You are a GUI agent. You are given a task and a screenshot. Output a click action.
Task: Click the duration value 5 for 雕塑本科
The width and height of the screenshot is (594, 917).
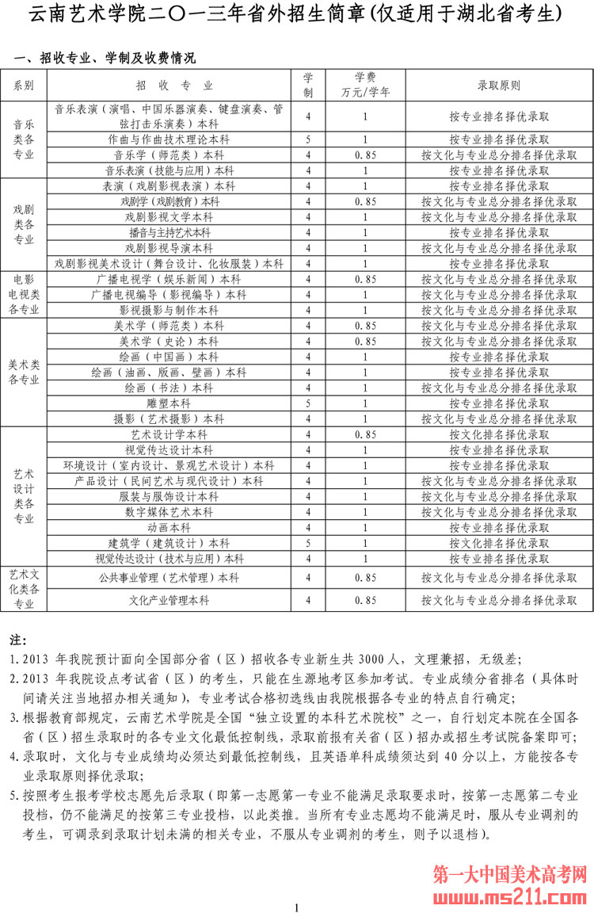[308, 403]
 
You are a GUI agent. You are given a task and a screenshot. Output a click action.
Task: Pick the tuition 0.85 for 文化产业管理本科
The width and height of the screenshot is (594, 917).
[365, 601]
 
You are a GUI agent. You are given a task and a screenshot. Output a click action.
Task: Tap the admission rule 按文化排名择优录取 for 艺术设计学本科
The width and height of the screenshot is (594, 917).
[499, 435]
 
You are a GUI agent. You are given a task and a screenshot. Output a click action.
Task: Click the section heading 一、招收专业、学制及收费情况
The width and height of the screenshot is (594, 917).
[105, 59]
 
